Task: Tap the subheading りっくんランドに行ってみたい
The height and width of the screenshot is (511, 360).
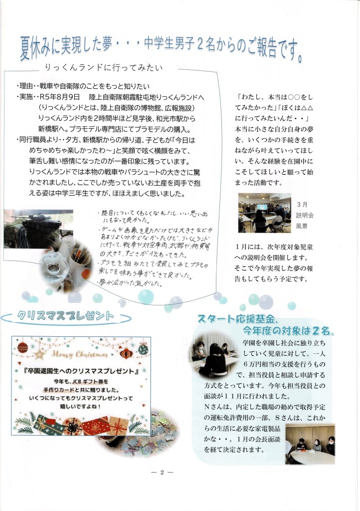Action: coord(103,67)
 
